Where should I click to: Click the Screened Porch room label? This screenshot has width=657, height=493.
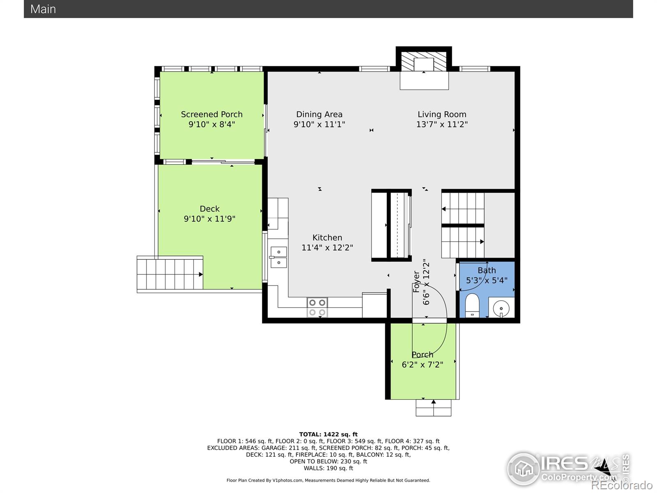pos(211,114)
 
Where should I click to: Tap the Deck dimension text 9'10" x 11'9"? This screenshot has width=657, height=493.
pos(209,219)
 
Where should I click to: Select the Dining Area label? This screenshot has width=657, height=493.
pos(319,114)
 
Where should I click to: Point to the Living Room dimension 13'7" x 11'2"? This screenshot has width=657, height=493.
pos(442,124)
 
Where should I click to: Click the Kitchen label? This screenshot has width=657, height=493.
pos(327,238)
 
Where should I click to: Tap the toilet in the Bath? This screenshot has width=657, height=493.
pos(473,305)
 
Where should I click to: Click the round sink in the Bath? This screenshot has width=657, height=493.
pos(501,308)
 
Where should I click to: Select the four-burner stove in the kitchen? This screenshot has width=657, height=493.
pos(317,307)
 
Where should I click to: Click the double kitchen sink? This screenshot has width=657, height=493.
pos(278,257)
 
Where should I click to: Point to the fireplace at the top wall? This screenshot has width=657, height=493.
pos(424,65)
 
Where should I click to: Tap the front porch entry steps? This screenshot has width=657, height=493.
pos(433,408)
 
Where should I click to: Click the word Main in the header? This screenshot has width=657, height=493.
pos(43,9)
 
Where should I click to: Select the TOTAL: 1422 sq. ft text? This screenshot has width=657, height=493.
pos(328,434)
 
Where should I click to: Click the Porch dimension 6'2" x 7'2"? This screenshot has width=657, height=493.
pos(423,364)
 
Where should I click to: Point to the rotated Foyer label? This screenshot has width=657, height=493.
pos(416,281)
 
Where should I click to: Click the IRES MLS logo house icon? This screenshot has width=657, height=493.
pos(523,469)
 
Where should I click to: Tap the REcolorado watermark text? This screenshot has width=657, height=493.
pos(622,485)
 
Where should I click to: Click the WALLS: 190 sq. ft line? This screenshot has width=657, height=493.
pos(328,468)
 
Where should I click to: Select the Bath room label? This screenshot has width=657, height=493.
pos(487,270)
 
